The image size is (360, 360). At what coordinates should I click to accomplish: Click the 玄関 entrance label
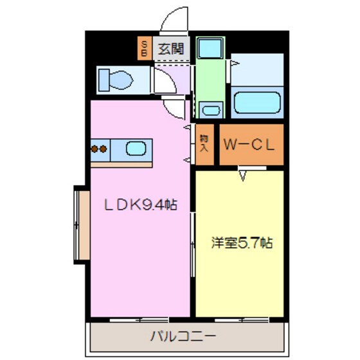pyautogui.click(x=170, y=48)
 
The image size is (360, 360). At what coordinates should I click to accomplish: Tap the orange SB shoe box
pyautogui.click(x=144, y=48)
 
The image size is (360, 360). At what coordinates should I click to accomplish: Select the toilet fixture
pyautogui.click(x=116, y=80)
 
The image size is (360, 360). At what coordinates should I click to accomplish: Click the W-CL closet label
pyautogui.click(x=249, y=145)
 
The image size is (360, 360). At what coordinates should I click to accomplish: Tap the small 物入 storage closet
pyautogui.click(x=204, y=143)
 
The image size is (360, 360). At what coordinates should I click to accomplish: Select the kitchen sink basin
pyautogui.click(x=136, y=150)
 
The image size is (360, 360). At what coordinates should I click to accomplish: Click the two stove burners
pyautogui.click(x=98, y=150)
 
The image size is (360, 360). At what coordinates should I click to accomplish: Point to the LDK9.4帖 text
pyautogui.click(x=141, y=206)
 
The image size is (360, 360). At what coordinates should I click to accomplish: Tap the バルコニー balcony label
pyautogui.click(x=183, y=335)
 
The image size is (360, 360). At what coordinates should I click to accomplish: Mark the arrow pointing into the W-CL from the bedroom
pyautogui.click(x=244, y=174)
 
